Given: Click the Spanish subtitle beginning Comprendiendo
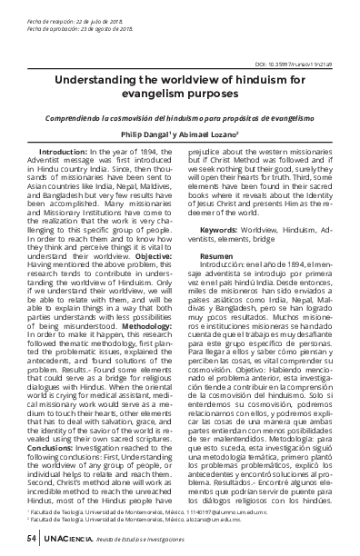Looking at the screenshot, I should click(179, 116).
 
